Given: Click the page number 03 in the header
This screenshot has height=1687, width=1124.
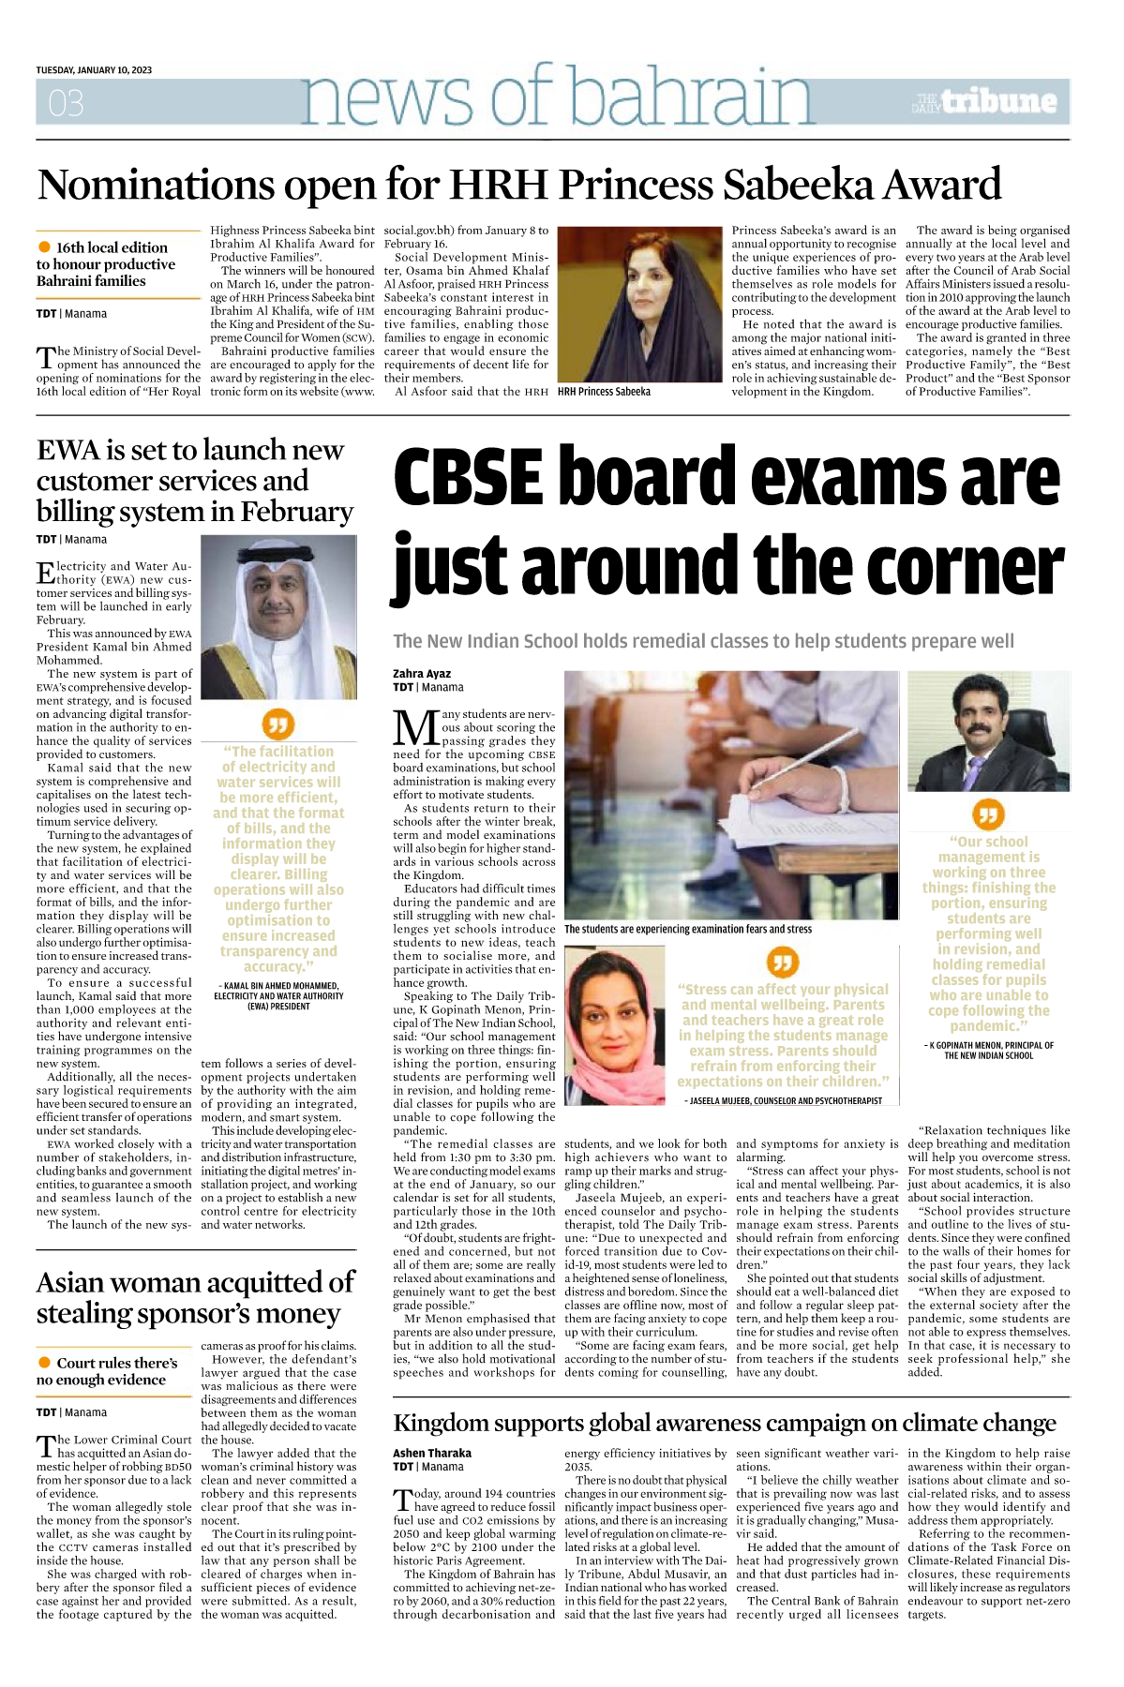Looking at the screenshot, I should (x=66, y=102).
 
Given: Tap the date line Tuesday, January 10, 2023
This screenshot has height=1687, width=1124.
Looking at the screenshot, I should (x=94, y=70).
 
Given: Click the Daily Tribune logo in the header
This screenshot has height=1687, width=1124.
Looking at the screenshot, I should (x=984, y=101).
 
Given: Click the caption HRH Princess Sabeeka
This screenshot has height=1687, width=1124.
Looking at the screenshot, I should (x=604, y=392).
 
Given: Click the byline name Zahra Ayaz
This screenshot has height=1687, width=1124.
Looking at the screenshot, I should (x=422, y=674).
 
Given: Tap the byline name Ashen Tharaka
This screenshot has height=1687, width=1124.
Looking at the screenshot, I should (x=432, y=1453).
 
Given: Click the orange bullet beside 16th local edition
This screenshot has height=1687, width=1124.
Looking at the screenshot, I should (x=44, y=247).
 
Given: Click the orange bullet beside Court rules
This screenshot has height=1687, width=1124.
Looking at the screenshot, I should (x=44, y=1363).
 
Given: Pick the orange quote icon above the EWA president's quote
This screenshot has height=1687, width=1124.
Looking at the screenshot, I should (x=278, y=724).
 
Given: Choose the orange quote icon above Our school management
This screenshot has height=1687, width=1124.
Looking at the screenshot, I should (x=988, y=814).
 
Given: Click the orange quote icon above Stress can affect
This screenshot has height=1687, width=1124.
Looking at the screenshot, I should (x=782, y=962).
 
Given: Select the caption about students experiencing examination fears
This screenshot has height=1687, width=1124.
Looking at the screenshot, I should (x=688, y=929).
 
